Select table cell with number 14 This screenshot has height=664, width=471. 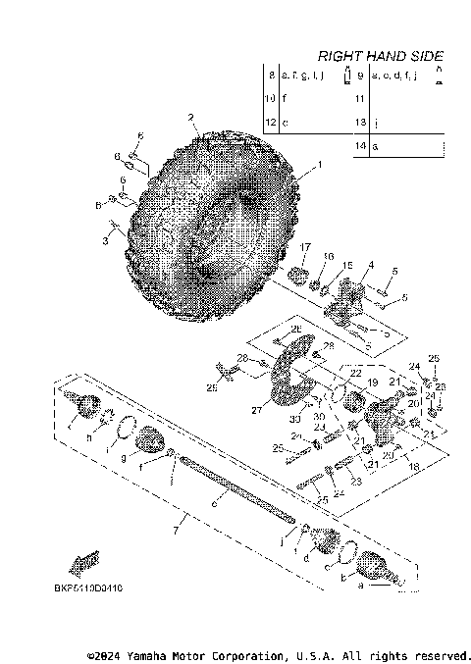[361, 145]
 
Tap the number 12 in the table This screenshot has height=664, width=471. [272, 123]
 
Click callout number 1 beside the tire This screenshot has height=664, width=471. [317, 167]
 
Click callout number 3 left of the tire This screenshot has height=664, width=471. [106, 238]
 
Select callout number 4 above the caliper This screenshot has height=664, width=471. [371, 265]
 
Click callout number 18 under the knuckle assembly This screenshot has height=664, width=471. [414, 469]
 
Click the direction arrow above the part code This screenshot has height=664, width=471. [86, 564]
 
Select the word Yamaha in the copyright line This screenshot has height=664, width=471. [138, 653]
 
